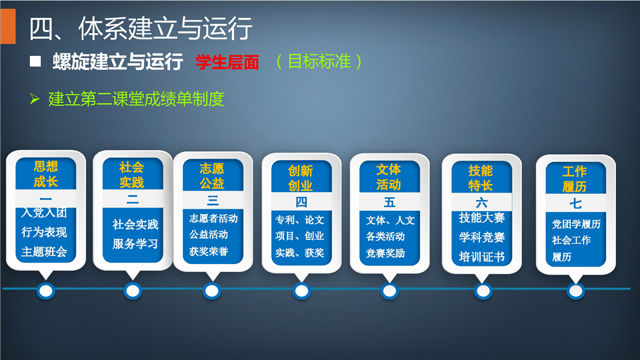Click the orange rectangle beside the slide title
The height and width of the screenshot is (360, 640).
[8, 26]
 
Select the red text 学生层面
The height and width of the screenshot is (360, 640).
[227, 63]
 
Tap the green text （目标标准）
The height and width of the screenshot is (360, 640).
[319, 61]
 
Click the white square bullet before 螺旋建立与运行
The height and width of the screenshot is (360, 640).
[35, 61]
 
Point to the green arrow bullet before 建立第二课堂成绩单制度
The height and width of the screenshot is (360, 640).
[35, 99]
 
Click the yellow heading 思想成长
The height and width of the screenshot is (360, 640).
[46, 174]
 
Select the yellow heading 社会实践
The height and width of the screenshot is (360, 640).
[131, 175]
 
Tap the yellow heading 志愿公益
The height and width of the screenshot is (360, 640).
[212, 176]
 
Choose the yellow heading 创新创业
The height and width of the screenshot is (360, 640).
[300, 178]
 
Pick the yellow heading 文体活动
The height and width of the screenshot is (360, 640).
[388, 177]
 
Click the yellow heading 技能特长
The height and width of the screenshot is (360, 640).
[481, 178]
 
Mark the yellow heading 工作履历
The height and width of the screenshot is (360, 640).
[574, 179]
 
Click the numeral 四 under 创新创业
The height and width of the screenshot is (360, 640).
[301, 201]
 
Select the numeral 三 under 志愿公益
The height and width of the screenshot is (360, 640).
[213, 200]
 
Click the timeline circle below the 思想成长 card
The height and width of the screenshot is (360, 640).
[46, 291]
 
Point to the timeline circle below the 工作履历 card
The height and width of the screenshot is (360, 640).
[575, 291]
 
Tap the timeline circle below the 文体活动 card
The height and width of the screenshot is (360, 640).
[389, 291]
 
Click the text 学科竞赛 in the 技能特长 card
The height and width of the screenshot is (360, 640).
[481, 237]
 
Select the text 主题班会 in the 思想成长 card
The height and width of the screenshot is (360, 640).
[44, 251]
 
